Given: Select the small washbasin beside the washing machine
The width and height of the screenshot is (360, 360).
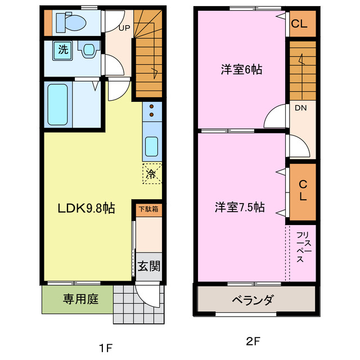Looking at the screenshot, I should point(88,49).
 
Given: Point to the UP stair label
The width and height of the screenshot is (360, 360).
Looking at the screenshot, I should point(124,26).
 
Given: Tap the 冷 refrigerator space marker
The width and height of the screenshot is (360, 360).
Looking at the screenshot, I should point(151,173).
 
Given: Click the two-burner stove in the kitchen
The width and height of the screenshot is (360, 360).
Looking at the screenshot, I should point(151,113).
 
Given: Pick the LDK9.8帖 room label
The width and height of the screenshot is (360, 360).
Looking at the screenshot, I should point(87,208).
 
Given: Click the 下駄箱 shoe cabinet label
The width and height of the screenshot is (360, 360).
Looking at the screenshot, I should point(148,208).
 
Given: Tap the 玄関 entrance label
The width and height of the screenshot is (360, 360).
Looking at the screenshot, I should point(148,265).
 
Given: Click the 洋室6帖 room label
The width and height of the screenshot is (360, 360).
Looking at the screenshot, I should point(241,70).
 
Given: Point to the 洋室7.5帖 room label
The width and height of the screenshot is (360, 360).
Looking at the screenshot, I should point(239,206).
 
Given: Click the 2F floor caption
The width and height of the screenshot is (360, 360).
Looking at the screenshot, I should point(253,341).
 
